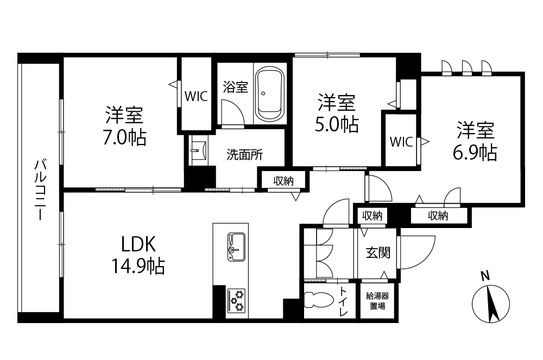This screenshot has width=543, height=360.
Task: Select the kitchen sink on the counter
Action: [236, 247]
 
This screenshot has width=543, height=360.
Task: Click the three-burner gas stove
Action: [236, 300]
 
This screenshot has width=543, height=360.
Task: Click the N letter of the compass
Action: [485, 276]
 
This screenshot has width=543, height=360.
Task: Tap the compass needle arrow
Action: [492, 304]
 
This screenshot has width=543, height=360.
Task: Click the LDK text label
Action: [138, 244]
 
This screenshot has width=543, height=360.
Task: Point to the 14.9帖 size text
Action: [138, 266]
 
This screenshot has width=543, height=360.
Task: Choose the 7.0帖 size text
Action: [124, 137]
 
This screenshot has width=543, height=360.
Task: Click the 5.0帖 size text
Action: [336, 124]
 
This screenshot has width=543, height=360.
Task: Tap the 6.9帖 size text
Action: [475, 152]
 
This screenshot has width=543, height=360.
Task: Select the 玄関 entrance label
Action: [378, 252]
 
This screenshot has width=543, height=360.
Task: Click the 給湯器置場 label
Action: [377, 301]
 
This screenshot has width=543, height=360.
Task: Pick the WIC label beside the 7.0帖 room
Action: [196, 96]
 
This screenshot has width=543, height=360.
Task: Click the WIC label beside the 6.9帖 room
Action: [401, 142]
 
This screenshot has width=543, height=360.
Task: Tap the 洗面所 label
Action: [245, 155]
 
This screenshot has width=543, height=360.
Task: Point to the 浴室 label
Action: [236, 87]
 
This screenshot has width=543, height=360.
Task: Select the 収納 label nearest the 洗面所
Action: [283, 180]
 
